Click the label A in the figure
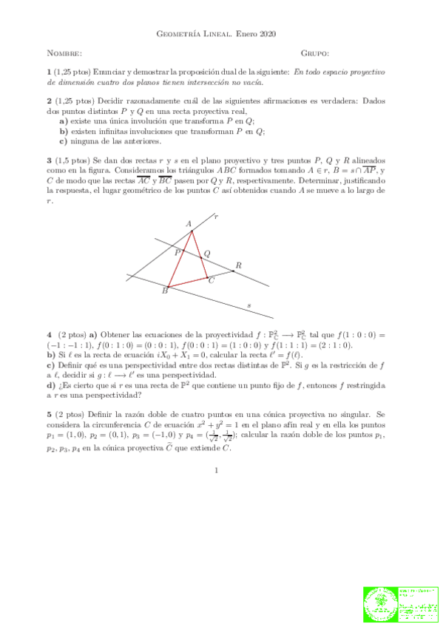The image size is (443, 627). click(x=189, y=223)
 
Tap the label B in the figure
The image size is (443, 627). click(x=165, y=291)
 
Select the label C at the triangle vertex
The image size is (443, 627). click(x=212, y=280)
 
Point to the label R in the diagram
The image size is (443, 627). click(x=238, y=265)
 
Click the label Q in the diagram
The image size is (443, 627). click(x=207, y=253)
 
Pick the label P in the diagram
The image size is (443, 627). click(x=177, y=252)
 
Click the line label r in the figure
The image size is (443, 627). click(x=215, y=217)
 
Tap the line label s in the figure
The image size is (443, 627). click(x=248, y=304)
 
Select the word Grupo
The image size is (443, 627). click(x=315, y=53)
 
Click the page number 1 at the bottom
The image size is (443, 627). click(x=215, y=470)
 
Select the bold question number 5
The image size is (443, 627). click(x=49, y=416)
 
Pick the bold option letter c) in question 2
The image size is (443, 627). click(x=64, y=140)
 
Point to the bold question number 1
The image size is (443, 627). click(x=49, y=72)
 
